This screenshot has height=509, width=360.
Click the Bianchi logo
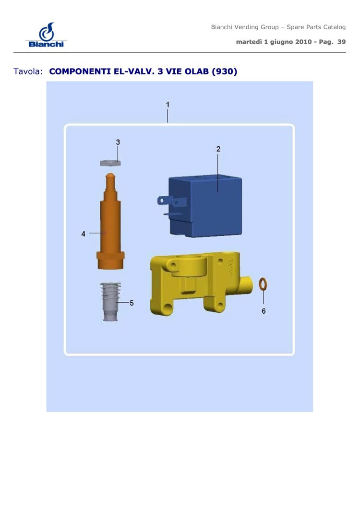coord(46,35)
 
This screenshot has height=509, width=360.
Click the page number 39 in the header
coord(341,42)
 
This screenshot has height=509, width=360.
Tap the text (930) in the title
coord(225,71)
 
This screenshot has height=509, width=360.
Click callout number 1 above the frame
coord(168,105)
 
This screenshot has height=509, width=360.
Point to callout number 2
coord(218,149)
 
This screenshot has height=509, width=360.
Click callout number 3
coord(118,142)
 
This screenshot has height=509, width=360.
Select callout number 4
coord(83,234)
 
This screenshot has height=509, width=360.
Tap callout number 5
coord(132,303)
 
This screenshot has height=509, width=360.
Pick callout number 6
coord(264,311)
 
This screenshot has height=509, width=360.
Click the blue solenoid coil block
coord(204,206)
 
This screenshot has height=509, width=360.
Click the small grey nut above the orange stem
coord(110,163)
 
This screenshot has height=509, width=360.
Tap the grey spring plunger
coord(110,302)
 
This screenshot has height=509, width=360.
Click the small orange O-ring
coord(263,284)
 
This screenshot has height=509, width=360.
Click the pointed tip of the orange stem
coord(110,174)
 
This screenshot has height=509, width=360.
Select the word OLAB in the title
coord(196,71)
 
